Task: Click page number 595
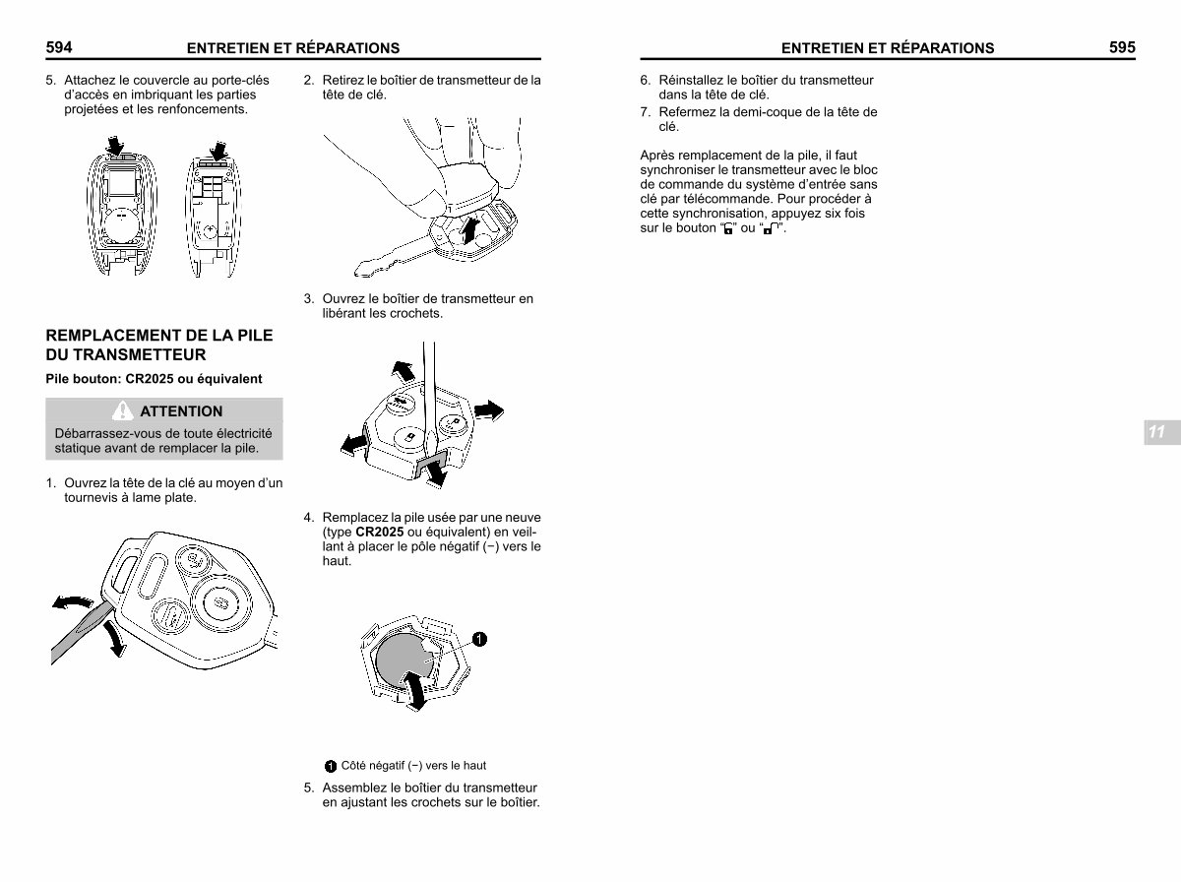click(x=1121, y=47)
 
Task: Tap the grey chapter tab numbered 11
click(x=1156, y=432)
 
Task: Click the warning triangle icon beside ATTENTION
click(x=123, y=410)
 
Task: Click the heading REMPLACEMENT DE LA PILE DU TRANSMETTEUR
click(x=158, y=345)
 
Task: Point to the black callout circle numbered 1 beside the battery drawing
click(x=478, y=639)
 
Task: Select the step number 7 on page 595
click(x=645, y=112)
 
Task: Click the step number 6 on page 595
click(x=645, y=81)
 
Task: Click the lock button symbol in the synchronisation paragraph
click(x=729, y=229)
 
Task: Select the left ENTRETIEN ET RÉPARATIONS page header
click(x=293, y=48)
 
